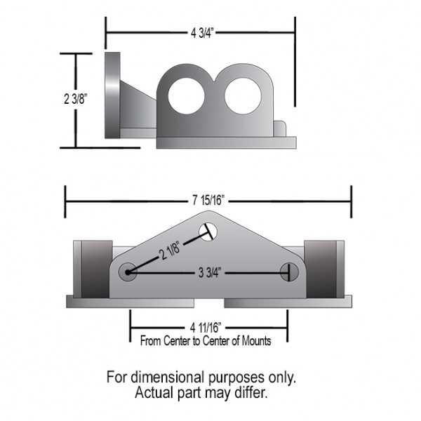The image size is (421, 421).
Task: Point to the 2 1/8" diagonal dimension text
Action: click(x=169, y=251)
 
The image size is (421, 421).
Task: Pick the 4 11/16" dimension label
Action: click(x=206, y=327)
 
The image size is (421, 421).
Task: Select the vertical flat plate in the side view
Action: click(x=112, y=96)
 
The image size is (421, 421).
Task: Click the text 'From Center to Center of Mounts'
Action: click(x=206, y=340)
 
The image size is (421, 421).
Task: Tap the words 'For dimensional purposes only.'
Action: click(x=201, y=377)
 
